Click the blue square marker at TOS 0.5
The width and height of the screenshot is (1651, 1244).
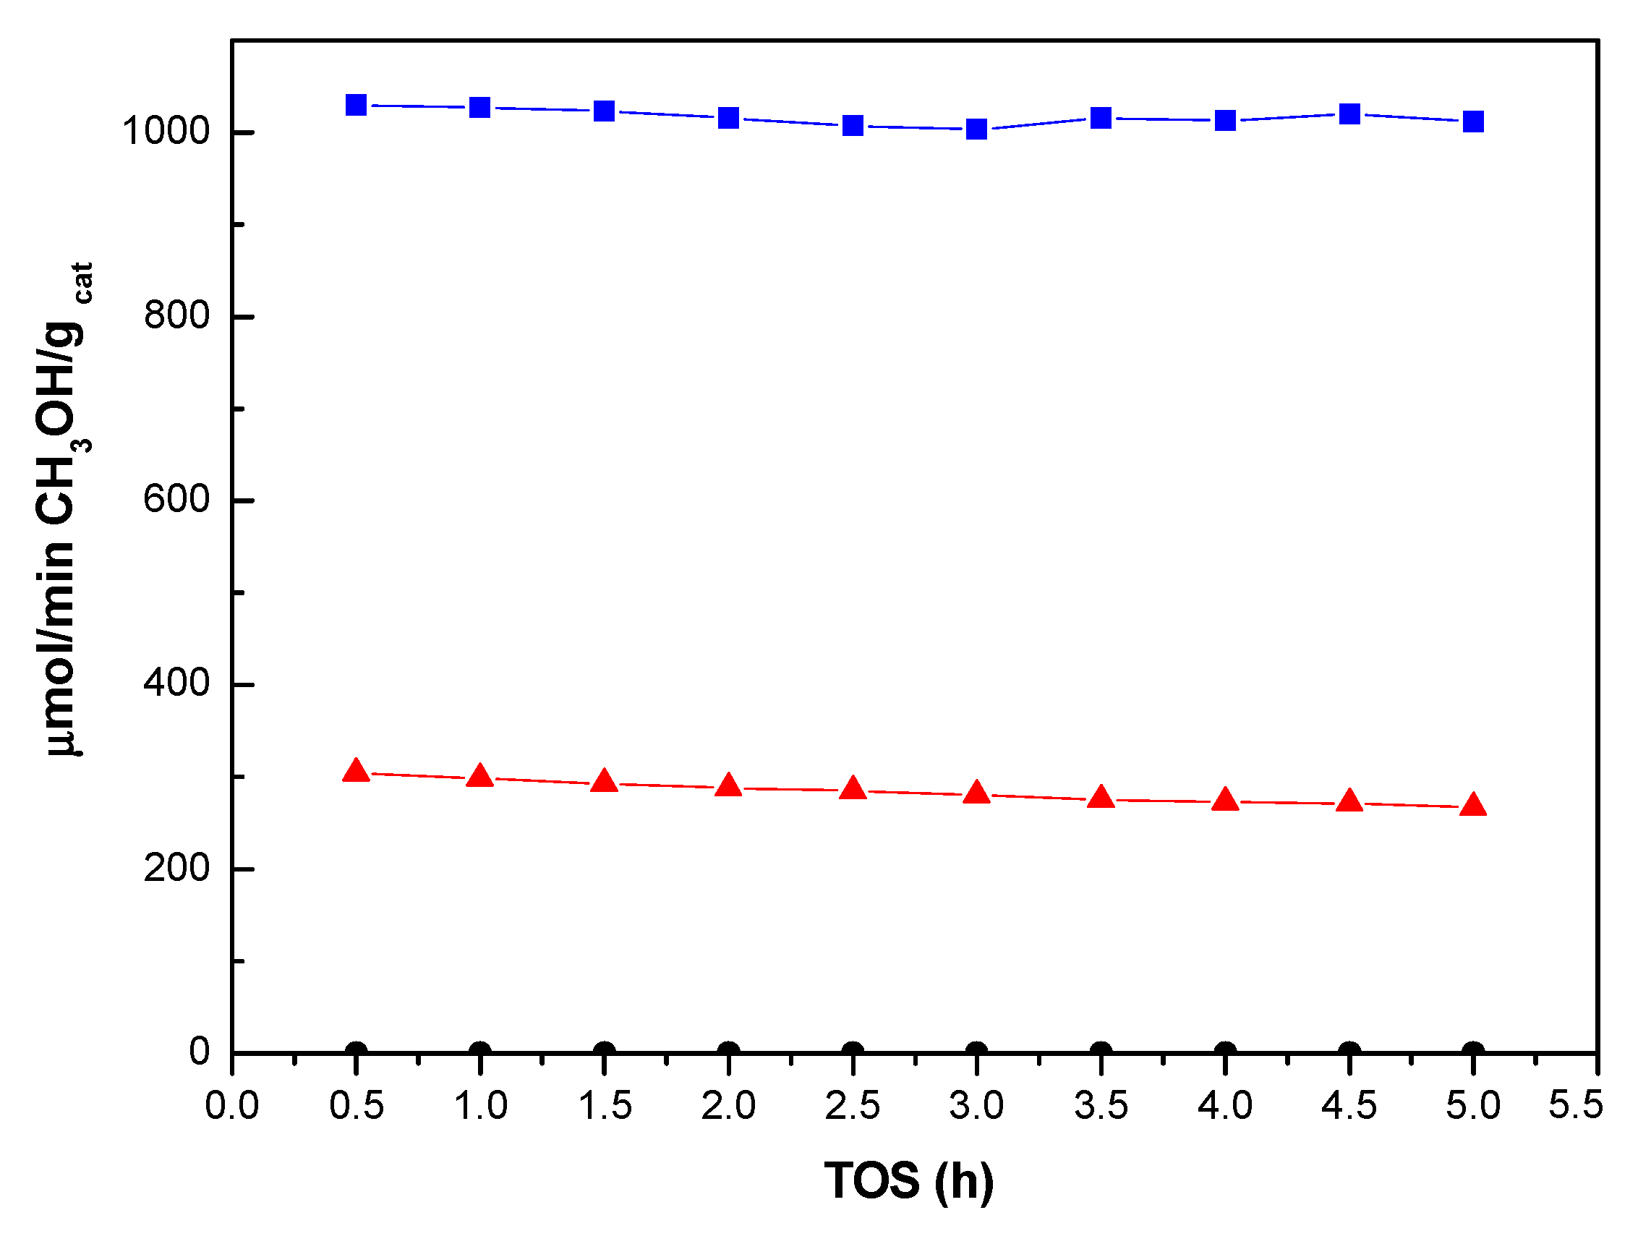356,105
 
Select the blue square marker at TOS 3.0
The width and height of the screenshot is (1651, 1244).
976,129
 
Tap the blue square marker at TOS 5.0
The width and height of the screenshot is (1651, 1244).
1472,122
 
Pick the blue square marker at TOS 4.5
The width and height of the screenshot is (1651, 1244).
1349,114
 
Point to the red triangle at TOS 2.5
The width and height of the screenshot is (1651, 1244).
853,789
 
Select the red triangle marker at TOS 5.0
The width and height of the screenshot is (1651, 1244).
1472,805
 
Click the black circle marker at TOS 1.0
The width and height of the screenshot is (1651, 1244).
480,1052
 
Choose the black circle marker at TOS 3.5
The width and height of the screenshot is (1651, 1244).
1100,1052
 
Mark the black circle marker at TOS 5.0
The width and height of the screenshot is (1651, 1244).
1472,1052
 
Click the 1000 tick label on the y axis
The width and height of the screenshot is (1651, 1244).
166,132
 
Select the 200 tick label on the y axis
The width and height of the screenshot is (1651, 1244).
176,868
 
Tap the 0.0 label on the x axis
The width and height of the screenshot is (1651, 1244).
231,1105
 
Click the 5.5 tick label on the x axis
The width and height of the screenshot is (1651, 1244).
1575,1105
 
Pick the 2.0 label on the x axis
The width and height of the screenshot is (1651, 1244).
728,1105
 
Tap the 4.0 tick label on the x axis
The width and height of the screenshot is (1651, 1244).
1224,1105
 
